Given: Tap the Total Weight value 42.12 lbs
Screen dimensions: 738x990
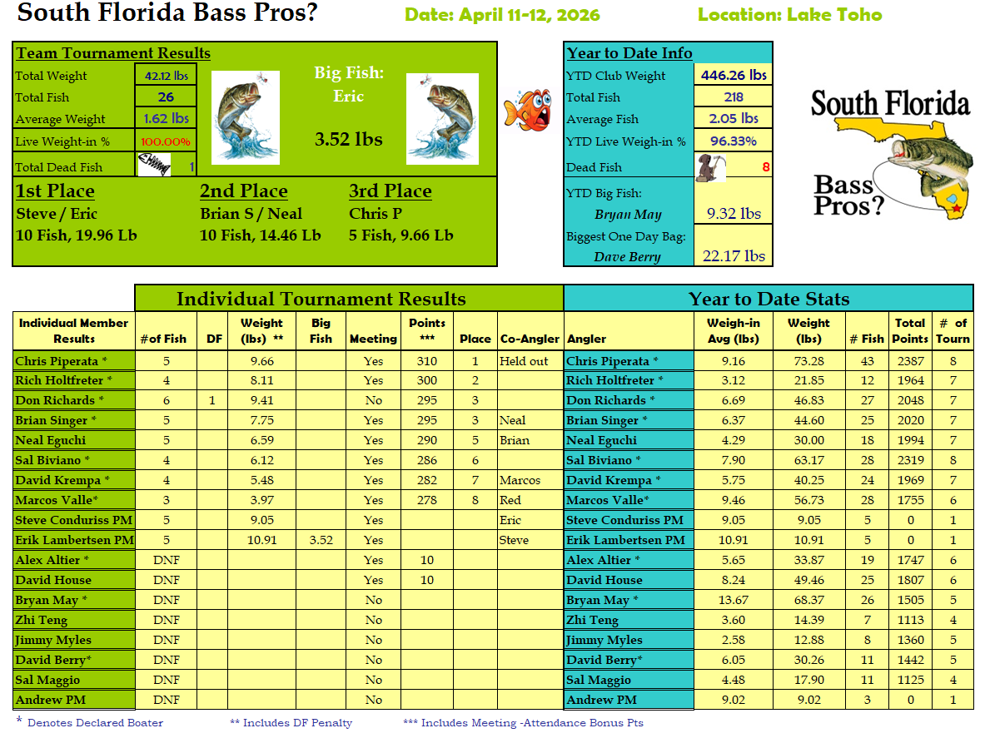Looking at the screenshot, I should coord(166,76).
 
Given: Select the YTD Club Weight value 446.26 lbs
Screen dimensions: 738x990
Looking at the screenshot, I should coord(734,75).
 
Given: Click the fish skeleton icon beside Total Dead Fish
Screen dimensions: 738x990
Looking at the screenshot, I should coord(156,165).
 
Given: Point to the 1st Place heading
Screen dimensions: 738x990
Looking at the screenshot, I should coord(55,191).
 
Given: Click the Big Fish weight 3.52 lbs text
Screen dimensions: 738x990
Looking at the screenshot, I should coord(349,139).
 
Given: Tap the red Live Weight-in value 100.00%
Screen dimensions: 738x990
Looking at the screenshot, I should coord(166,141).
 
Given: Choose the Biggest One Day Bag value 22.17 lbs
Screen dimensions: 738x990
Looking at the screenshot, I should coord(734,256).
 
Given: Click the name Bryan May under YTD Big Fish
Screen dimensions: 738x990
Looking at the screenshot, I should coord(628,215).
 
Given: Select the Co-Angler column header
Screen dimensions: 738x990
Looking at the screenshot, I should coord(530,339).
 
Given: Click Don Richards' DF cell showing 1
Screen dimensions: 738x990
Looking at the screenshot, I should coord(212,400).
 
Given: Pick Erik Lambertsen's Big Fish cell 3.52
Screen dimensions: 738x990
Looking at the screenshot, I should coord(321,540).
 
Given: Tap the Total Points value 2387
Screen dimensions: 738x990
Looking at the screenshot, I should coord(910,361).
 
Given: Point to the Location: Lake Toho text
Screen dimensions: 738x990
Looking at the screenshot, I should coord(789,15).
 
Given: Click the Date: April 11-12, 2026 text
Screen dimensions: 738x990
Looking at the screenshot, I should coord(502,15).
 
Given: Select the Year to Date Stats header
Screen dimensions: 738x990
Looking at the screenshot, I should coord(769,299).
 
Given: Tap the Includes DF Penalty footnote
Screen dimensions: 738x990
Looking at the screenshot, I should coord(291,723).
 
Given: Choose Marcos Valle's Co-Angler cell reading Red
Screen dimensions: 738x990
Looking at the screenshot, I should coord(510,500).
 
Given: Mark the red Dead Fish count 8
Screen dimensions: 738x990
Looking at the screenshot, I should coord(765,167).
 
